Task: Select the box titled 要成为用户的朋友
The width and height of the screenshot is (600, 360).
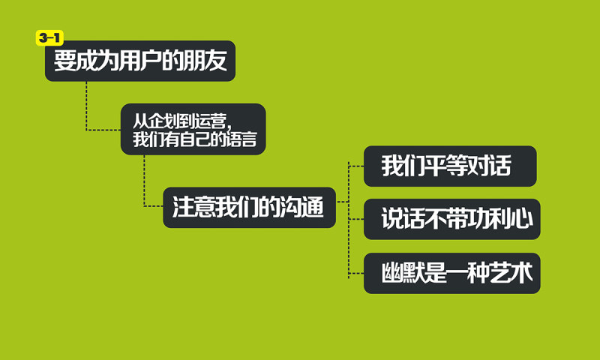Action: (x=140, y=61)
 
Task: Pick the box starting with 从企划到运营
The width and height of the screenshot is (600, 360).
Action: (x=193, y=129)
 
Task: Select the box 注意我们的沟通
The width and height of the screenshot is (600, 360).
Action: (x=249, y=208)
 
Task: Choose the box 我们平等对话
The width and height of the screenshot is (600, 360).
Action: (x=450, y=166)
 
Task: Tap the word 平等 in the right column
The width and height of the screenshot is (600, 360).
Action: (x=447, y=166)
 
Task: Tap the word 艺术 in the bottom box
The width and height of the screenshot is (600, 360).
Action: (x=514, y=273)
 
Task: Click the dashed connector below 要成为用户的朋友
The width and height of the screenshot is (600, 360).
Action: (x=86, y=105)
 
